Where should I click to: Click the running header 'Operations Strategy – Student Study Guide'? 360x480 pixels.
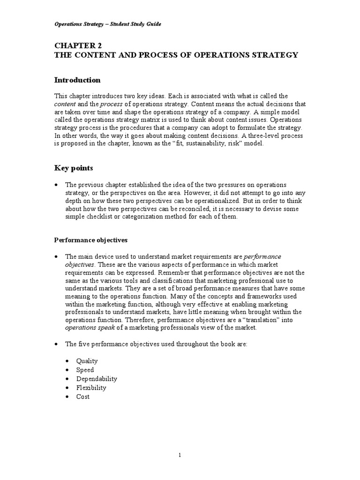pos(107,24)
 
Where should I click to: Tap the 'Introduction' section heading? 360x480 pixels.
pos(77,80)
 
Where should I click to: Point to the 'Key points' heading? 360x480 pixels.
pos(74,168)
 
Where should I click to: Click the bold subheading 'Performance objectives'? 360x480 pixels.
pos(90,240)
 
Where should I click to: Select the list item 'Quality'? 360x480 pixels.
pos(87,361)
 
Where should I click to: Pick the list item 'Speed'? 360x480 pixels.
pos(85,370)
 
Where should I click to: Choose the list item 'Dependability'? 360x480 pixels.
pos(97,379)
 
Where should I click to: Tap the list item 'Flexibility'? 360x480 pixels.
pos(91,388)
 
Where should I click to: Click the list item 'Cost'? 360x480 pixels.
pos(83,397)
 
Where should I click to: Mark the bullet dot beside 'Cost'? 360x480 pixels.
pos(67,397)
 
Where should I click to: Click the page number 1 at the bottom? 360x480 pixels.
pos(180,455)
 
